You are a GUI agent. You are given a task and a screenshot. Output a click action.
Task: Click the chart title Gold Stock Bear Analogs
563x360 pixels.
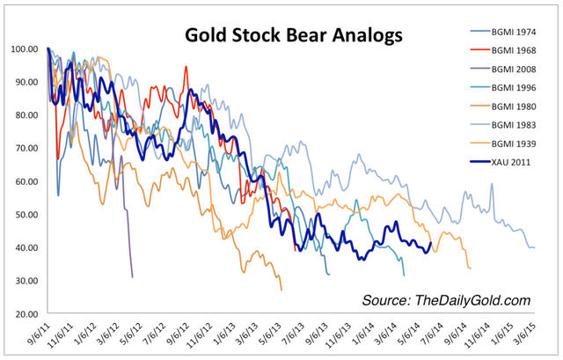click(x=293, y=36)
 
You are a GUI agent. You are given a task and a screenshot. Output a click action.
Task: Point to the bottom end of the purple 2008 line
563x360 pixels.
click(x=132, y=276)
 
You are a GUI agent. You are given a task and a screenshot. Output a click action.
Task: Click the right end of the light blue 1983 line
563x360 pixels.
click(x=534, y=247)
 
